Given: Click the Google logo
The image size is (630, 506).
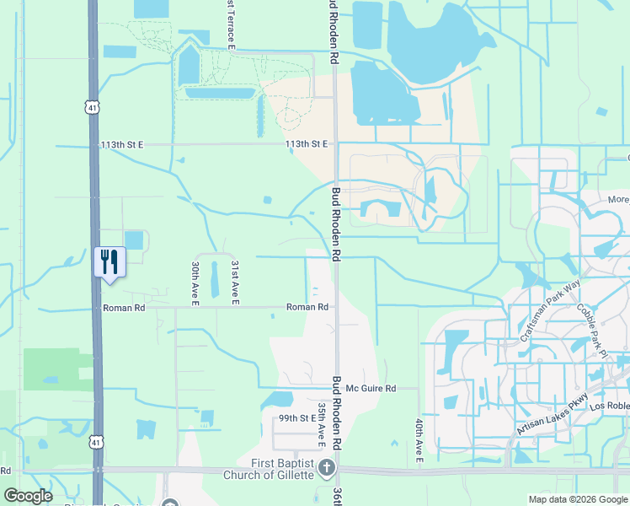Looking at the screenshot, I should pyautogui.click(x=29, y=496).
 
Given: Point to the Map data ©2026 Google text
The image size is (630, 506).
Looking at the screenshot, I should pyautogui.click(x=577, y=499).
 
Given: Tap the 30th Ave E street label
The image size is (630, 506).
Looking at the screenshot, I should pyautogui.click(x=195, y=282).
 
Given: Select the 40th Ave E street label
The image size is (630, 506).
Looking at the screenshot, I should pyautogui.click(x=419, y=439).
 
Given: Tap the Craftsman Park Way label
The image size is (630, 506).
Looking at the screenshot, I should pyautogui.click(x=551, y=310).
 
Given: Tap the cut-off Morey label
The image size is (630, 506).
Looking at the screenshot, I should pyautogui.click(x=618, y=200).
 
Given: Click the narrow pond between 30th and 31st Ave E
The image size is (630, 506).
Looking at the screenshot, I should pyautogui.click(x=214, y=277).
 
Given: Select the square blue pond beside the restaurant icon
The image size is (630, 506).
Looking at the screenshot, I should pyautogui.click(x=134, y=240).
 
